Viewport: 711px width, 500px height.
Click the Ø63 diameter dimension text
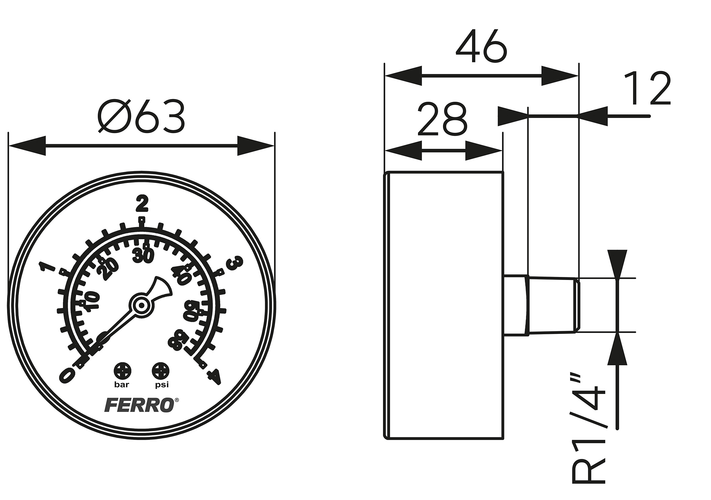pos(142,116)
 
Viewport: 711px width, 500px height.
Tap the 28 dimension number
pos(442,119)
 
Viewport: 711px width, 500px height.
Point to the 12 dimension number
pos(647,89)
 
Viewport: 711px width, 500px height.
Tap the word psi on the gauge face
pos(161,385)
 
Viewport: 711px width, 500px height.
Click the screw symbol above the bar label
pos(122,371)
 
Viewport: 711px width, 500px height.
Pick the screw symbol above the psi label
pos(160,371)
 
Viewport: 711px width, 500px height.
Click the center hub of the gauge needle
pos(141,305)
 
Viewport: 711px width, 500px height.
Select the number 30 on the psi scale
pos(143,256)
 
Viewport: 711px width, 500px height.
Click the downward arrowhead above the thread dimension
pos(617,265)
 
